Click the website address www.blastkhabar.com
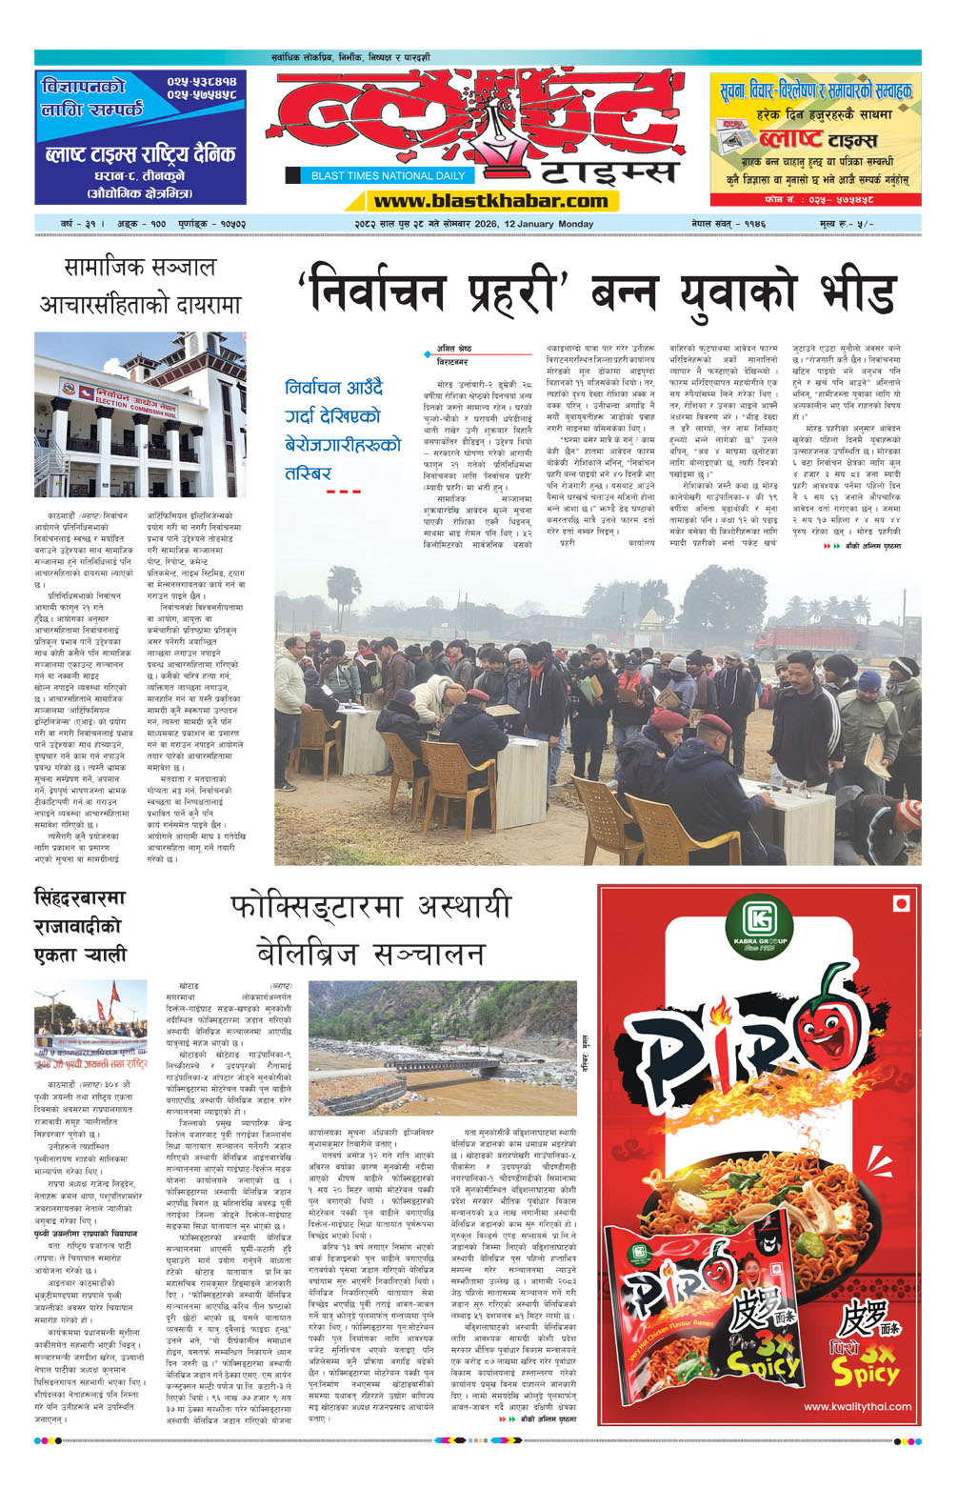(x=490, y=201)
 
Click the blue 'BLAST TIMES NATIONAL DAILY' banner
(x=388, y=175)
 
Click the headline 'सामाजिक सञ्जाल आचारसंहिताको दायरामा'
(x=140, y=286)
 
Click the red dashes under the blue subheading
(x=343, y=492)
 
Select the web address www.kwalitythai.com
(x=857, y=1406)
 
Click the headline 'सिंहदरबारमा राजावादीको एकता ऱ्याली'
(x=80, y=926)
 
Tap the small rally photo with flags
(x=90, y=1024)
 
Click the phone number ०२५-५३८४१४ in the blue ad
(x=201, y=84)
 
